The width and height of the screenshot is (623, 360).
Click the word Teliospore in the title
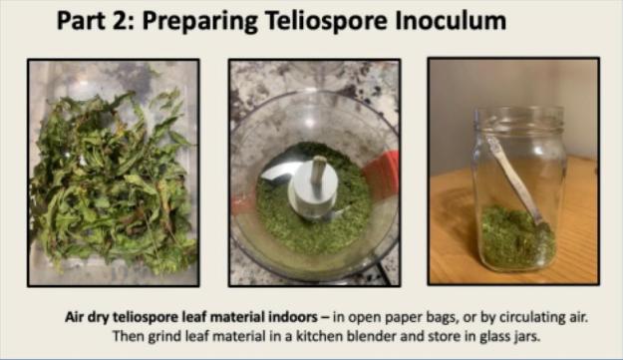(x=326, y=21)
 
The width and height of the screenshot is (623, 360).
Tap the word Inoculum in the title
(x=451, y=20)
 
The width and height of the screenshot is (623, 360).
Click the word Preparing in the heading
(x=199, y=22)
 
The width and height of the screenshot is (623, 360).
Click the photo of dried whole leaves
(x=114, y=173)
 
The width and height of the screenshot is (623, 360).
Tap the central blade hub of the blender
(x=313, y=187)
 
